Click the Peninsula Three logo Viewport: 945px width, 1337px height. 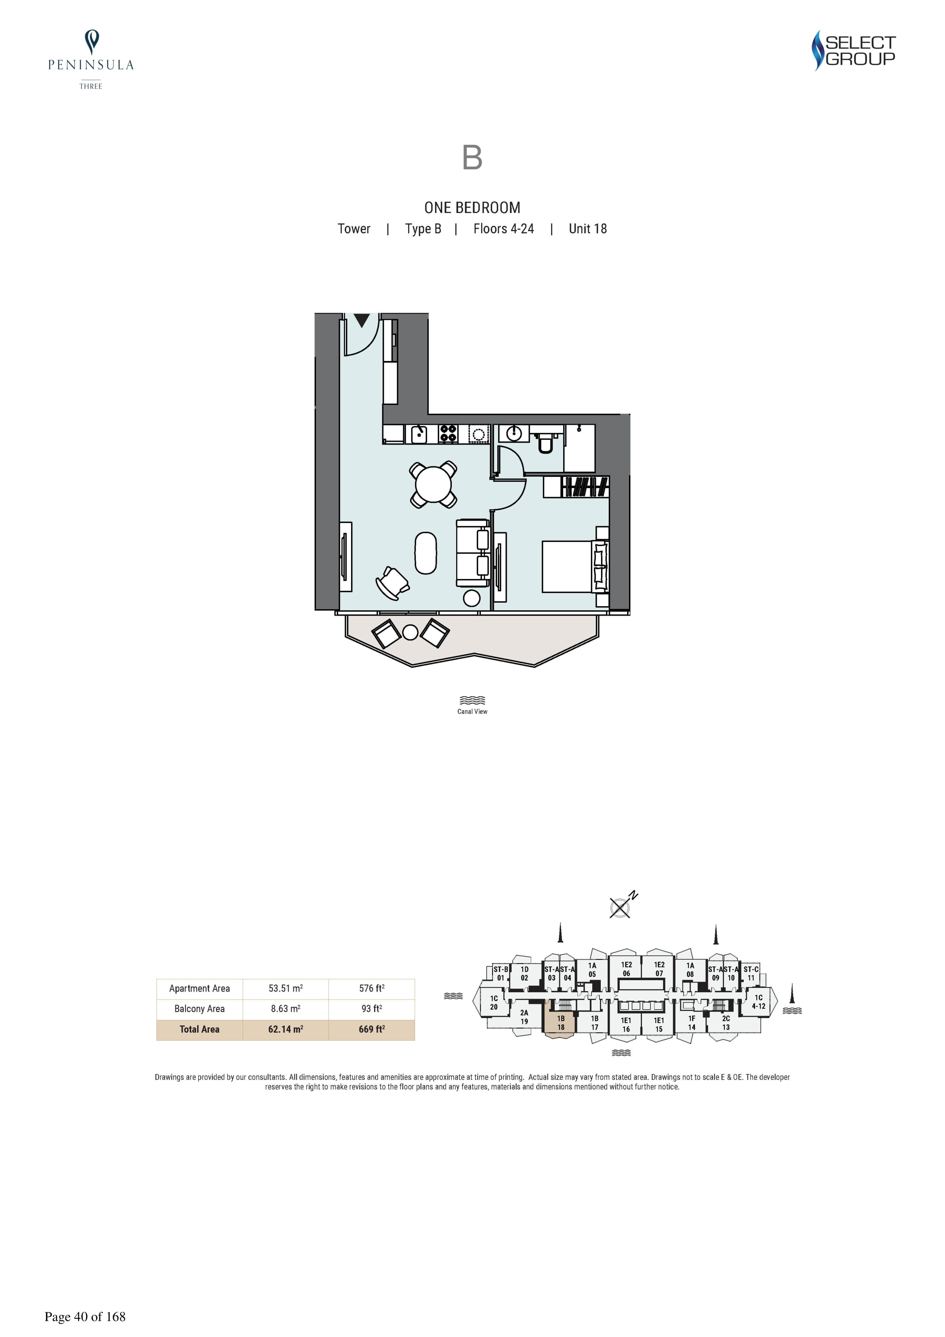pyautogui.click(x=91, y=60)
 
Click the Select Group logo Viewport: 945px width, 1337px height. pyautogui.click(x=854, y=51)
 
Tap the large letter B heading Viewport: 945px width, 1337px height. pyautogui.click(x=472, y=157)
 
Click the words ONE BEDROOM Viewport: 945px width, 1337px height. pyautogui.click(x=472, y=207)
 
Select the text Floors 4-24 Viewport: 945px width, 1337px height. pyautogui.click(x=504, y=229)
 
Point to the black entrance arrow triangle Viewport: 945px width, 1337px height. pyautogui.click(x=362, y=320)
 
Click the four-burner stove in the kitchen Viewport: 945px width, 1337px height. pyautogui.click(x=448, y=434)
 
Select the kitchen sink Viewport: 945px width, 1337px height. pyautogui.click(x=419, y=434)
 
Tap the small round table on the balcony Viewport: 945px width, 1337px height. pyautogui.click(x=410, y=633)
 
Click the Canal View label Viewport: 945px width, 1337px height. pyautogui.click(x=472, y=712)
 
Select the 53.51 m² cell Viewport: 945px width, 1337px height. pyautogui.click(x=285, y=988)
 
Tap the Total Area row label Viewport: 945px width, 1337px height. pyautogui.click(x=199, y=1029)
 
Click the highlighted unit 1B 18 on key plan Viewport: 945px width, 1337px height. pyautogui.click(x=560, y=1023)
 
